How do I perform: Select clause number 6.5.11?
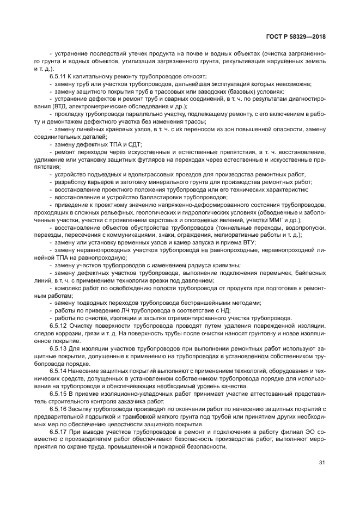pos(58,76)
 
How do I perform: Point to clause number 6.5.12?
pos(58,325)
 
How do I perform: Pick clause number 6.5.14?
pos(58,370)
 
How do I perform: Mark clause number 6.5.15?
pos(58,393)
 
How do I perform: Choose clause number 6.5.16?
pos(58,407)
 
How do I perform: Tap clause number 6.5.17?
pos(58,431)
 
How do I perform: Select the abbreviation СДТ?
pos(133,144)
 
